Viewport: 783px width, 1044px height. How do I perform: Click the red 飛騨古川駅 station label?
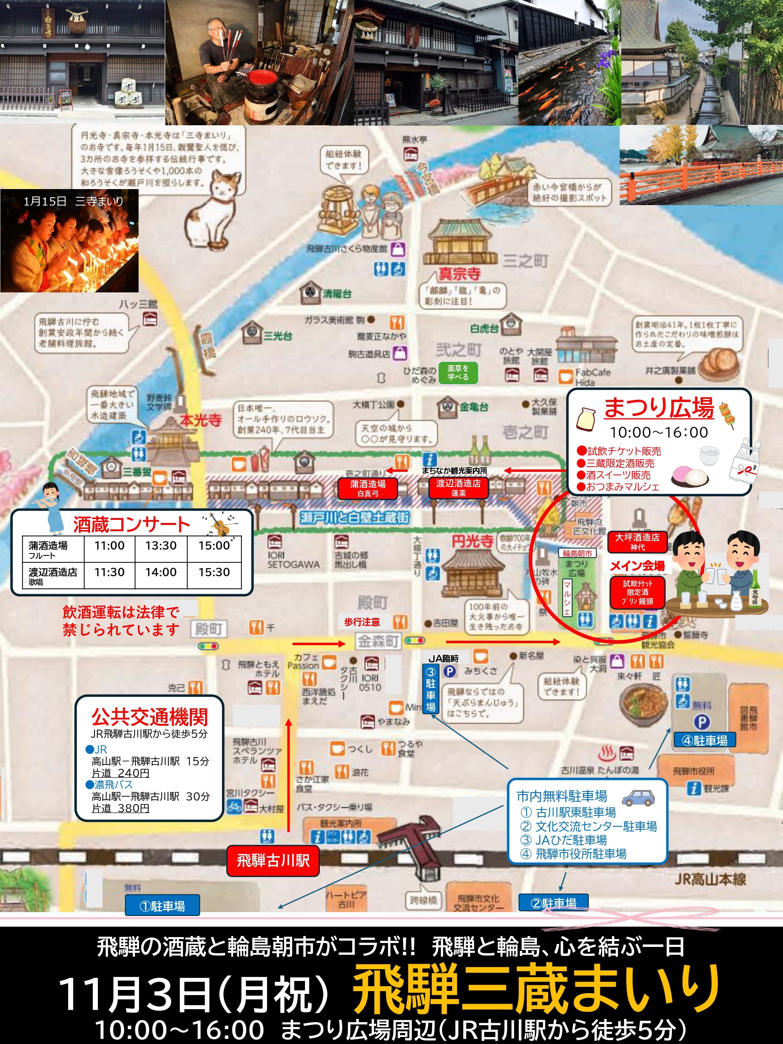point(273,860)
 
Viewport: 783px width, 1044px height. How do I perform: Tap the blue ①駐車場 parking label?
point(162,906)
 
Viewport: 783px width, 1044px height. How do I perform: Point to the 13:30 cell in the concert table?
point(161,546)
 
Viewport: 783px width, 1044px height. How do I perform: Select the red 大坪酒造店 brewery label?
point(637,541)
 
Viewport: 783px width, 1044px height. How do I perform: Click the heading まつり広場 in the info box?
point(659,408)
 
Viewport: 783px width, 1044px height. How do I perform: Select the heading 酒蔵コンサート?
point(131,525)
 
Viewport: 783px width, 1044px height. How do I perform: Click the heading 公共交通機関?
point(149,717)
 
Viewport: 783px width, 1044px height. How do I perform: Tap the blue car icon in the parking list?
point(639,798)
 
